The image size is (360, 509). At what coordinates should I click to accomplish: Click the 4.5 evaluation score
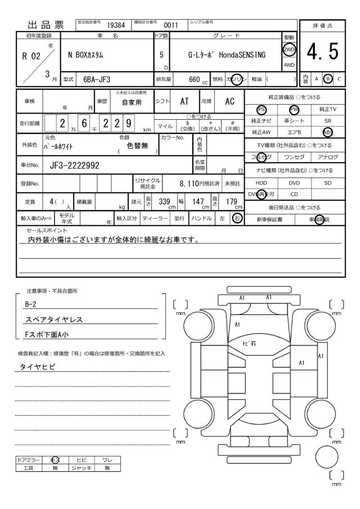pos(323,55)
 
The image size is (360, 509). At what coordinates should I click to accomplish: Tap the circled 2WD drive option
pos(290,49)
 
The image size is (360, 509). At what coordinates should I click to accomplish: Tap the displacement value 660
pos(195,80)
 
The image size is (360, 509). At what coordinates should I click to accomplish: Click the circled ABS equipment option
pos(327,132)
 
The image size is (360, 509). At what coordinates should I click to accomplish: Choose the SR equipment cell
pos(327,121)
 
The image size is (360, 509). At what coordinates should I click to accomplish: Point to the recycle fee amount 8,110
pos(186,183)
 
